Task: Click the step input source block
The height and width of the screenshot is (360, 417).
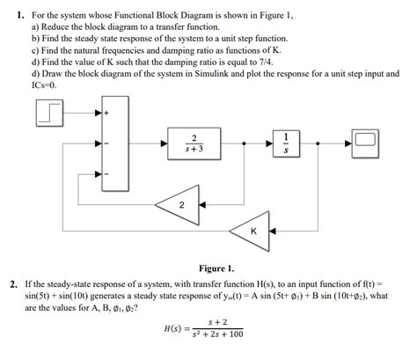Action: point(49,114)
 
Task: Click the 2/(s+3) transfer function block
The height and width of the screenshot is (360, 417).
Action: point(193,142)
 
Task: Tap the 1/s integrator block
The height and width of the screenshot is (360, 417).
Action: point(284,142)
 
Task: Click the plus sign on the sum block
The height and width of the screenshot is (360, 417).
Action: point(107,114)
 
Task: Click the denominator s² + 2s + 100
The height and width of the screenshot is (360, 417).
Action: point(214,334)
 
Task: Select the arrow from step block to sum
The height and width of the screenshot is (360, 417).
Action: point(84,114)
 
